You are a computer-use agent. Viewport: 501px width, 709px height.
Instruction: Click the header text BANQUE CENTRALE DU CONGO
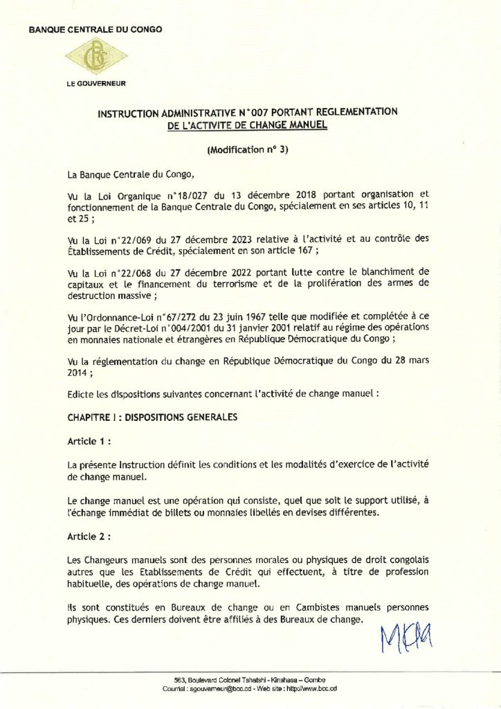(95, 29)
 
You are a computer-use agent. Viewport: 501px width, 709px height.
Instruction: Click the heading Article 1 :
(89, 440)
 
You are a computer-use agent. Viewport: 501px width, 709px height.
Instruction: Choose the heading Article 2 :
(90, 536)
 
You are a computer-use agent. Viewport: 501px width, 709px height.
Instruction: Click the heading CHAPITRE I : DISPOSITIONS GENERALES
(152, 418)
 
